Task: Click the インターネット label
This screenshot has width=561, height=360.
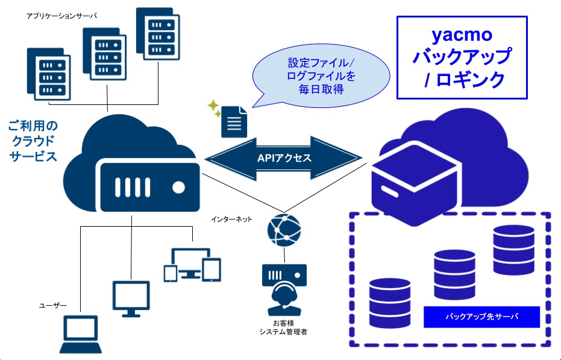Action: [232, 219]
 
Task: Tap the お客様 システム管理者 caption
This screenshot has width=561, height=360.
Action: [283, 327]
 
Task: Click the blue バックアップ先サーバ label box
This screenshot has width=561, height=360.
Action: [481, 316]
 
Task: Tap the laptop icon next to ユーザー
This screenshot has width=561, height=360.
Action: [80, 333]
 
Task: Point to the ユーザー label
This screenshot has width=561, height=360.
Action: [53, 306]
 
